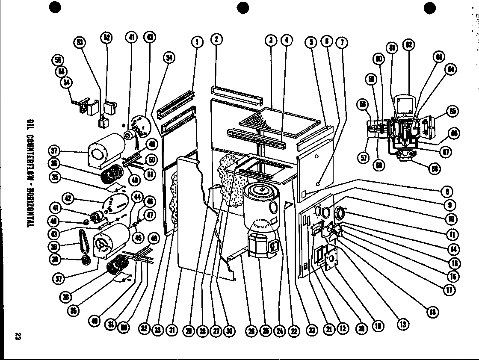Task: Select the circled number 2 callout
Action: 216,40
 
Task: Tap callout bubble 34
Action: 169,59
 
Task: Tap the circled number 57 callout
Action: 364,158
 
